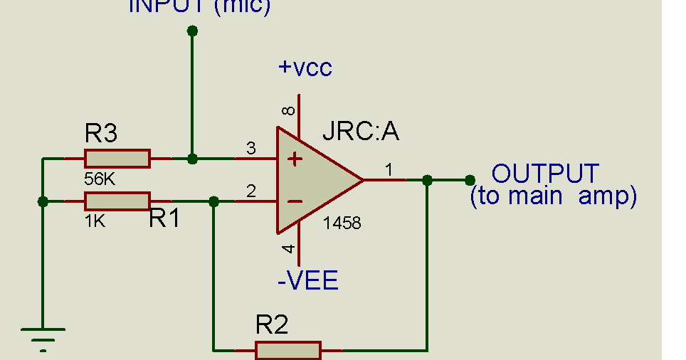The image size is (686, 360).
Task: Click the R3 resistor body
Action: coord(117,159)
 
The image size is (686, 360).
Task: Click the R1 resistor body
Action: coord(117,201)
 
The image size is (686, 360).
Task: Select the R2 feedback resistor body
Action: coord(288,350)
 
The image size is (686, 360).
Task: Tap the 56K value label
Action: coord(100,179)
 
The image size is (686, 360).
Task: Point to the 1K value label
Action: coord(95,221)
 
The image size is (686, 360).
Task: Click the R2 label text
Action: coord(272,326)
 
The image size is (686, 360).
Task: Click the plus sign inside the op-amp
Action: coord(295,159)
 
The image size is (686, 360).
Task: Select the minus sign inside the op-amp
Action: coord(295,201)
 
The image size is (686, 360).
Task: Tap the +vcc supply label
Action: coord(305,68)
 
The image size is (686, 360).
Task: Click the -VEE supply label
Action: coord(307,281)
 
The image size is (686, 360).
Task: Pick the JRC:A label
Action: coord(361,132)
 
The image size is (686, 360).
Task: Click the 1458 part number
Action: coord(342,223)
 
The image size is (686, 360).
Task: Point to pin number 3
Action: coord(250,149)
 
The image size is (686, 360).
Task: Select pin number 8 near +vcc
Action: coord(288,111)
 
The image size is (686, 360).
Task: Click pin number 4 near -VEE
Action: coord(288,248)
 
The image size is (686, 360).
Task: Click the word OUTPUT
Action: coord(545,174)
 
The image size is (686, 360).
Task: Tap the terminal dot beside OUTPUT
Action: coord(469,180)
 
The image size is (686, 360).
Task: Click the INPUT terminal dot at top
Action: coord(192,31)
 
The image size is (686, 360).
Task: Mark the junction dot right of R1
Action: coord(213,201)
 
